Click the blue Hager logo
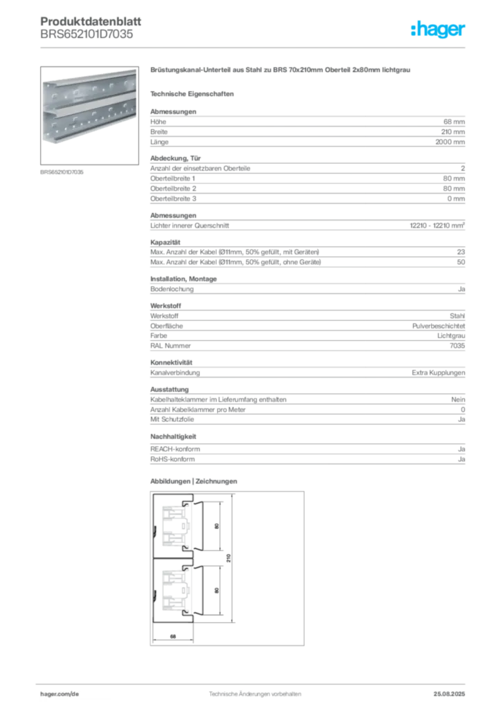point(439,30)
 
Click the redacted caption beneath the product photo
point(63,172)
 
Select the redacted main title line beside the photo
point(282,71)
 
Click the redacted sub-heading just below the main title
point(194,93)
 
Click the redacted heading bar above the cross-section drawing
point(194,481)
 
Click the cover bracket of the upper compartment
point(199,525)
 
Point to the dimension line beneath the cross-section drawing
point(173,642)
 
